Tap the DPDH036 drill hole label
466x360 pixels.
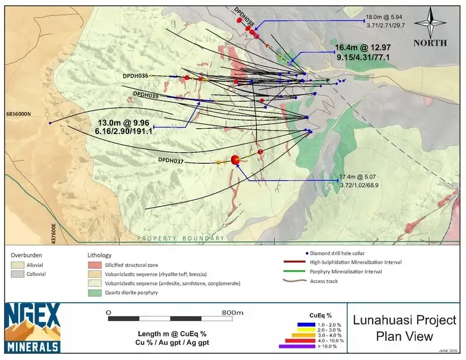[136, 76]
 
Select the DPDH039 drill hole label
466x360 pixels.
[146, 94]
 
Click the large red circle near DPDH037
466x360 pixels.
[236, 160]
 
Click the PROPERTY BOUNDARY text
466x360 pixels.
[181, 239]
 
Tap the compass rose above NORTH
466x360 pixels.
[430, 22]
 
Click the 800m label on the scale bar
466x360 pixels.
[232, 313]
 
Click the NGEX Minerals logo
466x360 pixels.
[33, 328]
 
